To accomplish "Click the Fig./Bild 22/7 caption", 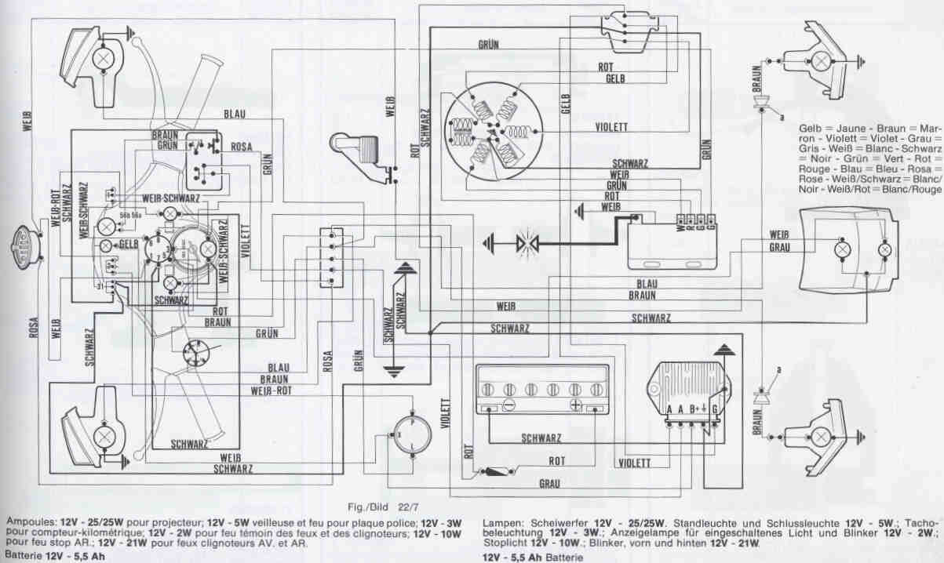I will pyautogui.click(x=381, y=507).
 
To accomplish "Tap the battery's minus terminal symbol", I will pyautogui.click(x=508, y=405).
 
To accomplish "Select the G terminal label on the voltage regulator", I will pyautogui.click(x=714, y=409).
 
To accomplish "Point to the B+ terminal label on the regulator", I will pyautogui.click(x=695, y=409).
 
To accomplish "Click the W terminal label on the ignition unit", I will pyautogui.click(x=680, y=230).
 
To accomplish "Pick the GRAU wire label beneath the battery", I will pyautogui.click(x=549, y=484).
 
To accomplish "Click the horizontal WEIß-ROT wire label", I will pyautogui.click(x=273, y=390).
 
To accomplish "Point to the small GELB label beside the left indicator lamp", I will pyautogui.click(x=129, y=245).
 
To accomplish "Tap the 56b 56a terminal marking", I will pyautogui.click(x=130, y=213).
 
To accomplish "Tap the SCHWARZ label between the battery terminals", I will pyautogui.click(x=542, y=438).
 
